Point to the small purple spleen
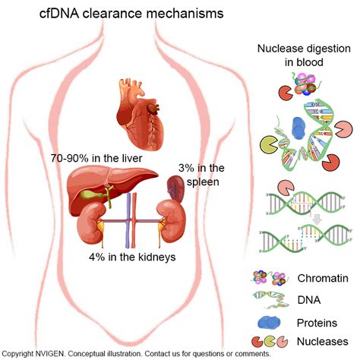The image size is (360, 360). [174, 186]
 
